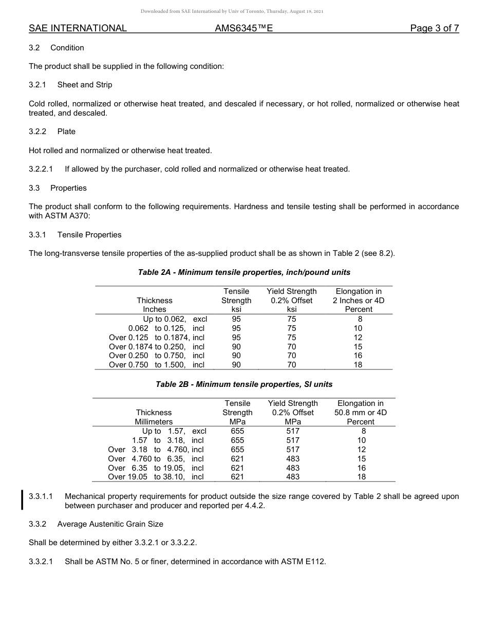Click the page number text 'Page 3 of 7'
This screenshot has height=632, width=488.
click(x=434, y=28)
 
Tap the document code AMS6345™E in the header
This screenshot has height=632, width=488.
click(x=243, y=28)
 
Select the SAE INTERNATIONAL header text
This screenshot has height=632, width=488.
click(x=78, y=28)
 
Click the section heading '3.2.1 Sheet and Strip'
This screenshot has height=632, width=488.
click(x=70, y=85)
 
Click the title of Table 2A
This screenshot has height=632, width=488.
click(x=244, y=272)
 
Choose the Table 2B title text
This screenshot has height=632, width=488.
click(x=244, y=384)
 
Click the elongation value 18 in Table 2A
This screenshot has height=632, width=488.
click(x=358, y=365)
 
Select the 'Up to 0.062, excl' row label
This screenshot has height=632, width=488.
click(x=175, y=319)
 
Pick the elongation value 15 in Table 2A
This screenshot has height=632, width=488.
click(x=358, y=347)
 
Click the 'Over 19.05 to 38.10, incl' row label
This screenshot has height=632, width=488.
click(x=156, y=477)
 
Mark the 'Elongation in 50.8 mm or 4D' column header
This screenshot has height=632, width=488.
click(x=361, y=412)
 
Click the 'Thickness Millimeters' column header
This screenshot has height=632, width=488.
click(x=154, y=417)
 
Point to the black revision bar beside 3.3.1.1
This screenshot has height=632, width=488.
click(x=23, y=500)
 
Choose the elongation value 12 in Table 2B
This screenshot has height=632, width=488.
click(x=362, y=450)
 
